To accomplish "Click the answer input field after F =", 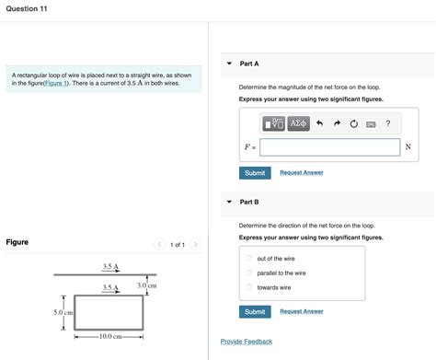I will tap(329, 147).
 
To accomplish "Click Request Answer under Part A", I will tap(301, 173).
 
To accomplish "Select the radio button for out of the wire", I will tap(249, 259).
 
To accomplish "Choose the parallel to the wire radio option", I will tap(249, 273).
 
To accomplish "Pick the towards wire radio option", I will tap(249, 287).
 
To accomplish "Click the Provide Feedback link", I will tap(246, 342).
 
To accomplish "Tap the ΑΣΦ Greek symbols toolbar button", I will tap(298, 123).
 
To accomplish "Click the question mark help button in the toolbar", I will tap(388, 123).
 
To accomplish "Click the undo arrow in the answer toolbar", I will tap(319, 123).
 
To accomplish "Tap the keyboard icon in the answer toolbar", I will tap(371, 123).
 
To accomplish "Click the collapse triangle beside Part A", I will tap(229, 64).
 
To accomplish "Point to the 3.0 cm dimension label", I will tap(147, 285).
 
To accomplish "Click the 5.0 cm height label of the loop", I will tap(63, 313).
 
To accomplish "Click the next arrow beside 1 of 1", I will tap(195, 245).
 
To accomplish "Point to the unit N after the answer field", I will tap(407, 147).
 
